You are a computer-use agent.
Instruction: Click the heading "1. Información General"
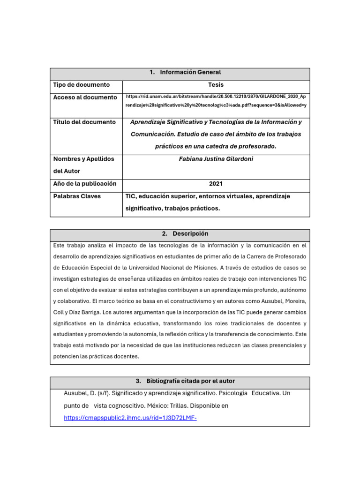[185, 73]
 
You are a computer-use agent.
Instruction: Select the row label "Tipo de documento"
[81, 85]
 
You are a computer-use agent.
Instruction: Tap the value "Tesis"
[216, 85]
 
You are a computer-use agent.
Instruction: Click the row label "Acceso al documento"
[85, 97]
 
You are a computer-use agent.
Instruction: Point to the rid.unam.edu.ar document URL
[216, 100]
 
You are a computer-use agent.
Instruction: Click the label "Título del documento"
[84, 122]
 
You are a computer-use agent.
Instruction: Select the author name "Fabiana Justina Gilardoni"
[216, 159]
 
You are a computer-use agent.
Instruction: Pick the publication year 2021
[216, 184]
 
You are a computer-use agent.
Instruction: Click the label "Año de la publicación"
[84, 184]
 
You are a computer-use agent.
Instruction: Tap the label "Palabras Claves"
[77, 196]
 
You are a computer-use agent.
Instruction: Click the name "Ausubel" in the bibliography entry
[75, 393]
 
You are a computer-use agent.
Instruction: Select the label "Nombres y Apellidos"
[83, 159]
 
